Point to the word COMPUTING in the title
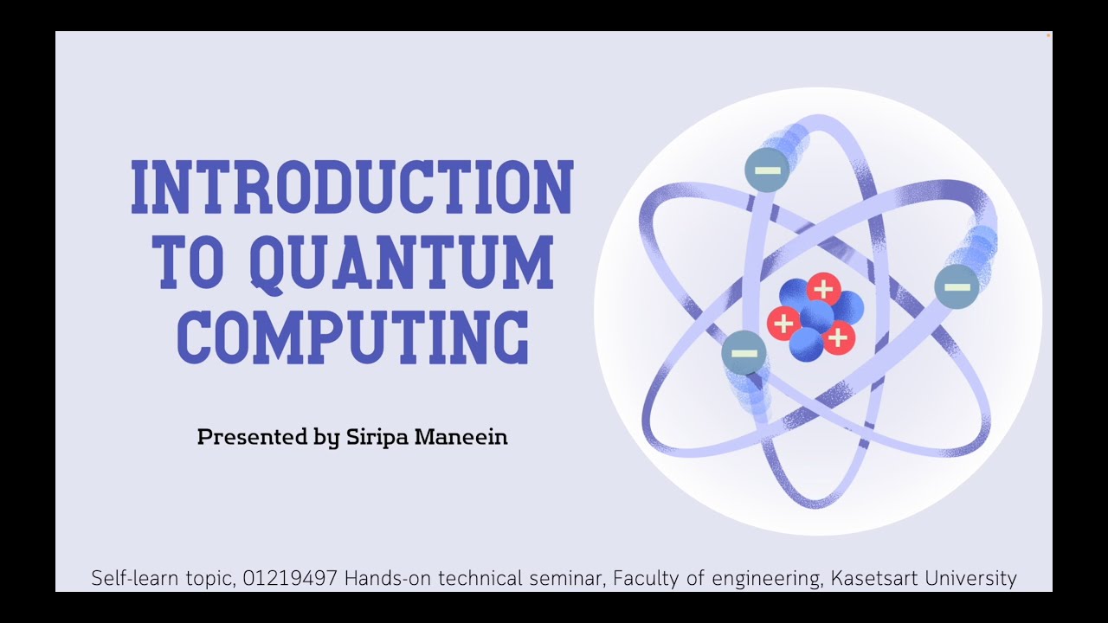pyautogui.click(x=353, y=337)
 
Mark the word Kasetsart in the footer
pyautogui.click(x=872, y=578)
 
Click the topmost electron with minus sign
pyautogui.click(x=767, y=170)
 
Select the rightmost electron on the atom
pyautogui.click(x=957, y=287)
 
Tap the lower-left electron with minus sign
pyautogui.click(x=744, y=353)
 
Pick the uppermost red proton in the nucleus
pyautogui.click(x=823, y=289)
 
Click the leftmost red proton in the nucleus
pyautogui.click(x=783, y=324)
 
